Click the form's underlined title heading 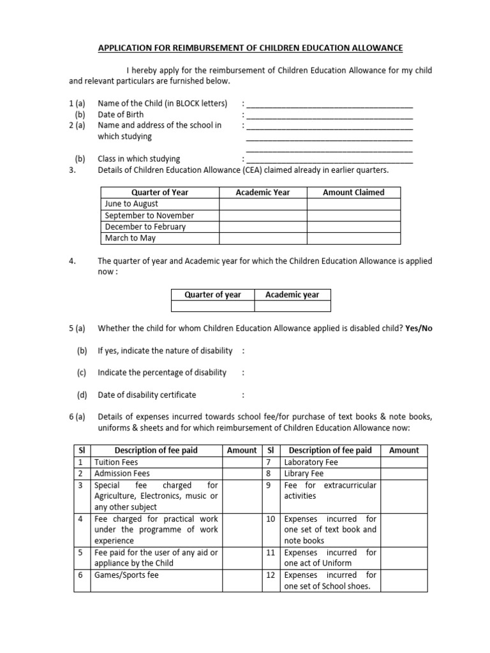[x=249, y=48]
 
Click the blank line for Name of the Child [x=329, y=105]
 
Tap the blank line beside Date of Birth [x=329, y=116]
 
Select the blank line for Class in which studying [x=329, y=160]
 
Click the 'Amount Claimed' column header [x=353, y=192]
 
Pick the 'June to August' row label [x=131, y=204]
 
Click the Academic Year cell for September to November [x=263, y=216]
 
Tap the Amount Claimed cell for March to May [x=353, y=238]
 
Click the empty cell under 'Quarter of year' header [x=212, y=306]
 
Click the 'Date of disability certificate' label [x=147, y=395]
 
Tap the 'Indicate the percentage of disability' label [x=162, y=372]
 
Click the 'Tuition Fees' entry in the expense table [x=115, y=462]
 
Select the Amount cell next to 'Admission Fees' [x=242, y=473]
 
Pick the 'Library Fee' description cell [x=304, y=473]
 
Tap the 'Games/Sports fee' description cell [x=126, y=575]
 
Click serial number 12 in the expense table [x=271, y=575]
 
